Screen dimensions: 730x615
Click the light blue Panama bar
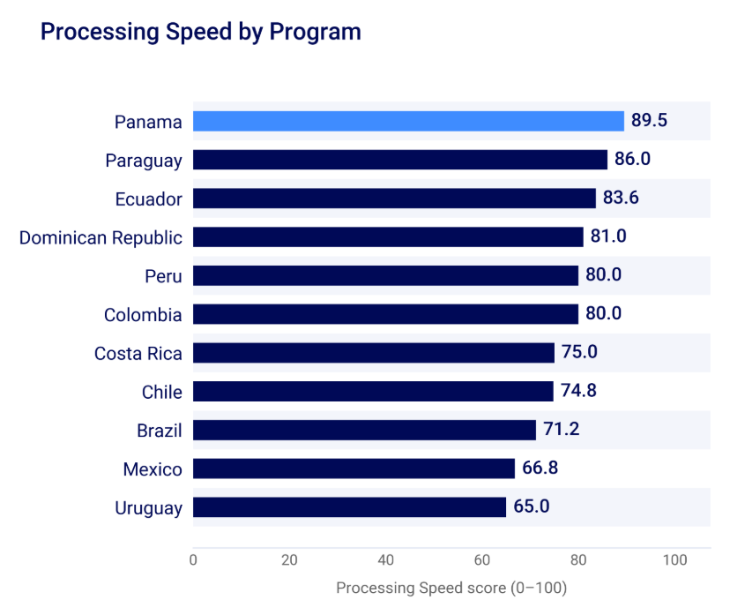click(408, 121)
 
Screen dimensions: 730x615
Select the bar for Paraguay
click(400, 160)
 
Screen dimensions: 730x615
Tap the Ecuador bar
click(394, 199)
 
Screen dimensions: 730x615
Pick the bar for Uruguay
click(350, 506)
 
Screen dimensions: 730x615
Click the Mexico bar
click(354, 469)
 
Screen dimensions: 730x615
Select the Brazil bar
click(364, 430)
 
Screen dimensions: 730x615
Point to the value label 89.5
click(649, 120)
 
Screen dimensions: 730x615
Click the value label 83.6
click(621, 198)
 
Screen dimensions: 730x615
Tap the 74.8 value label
click(578, 390)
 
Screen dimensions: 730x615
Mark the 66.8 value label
click(540, 468)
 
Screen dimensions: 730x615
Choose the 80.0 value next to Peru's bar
click(603, 275)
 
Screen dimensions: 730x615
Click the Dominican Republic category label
click(101, 237)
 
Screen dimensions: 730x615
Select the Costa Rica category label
click(138, 354)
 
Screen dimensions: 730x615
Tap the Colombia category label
click(143, 315)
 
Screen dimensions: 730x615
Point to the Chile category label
click(162, 393)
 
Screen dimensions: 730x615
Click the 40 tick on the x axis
click(386, 559)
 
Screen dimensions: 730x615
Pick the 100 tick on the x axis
click(675, 559)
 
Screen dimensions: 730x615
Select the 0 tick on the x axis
click(193, 559)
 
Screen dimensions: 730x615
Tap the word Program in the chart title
click(315, 33)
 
